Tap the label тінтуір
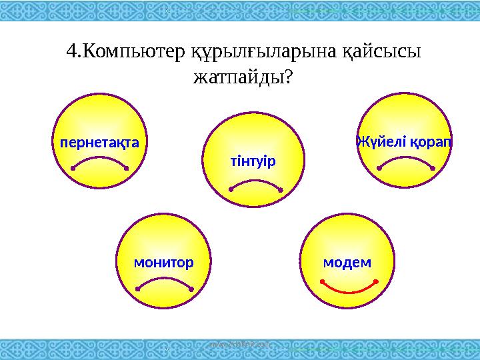click(x=253, y=162)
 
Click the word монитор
click(x=163, y=262)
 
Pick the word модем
click(x=347, y=262)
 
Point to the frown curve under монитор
click(x=164, y=281)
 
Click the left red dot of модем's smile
click(x=321, y=282)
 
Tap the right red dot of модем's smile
click(x=377, y=282)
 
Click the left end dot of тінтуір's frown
click(x=231, y=189)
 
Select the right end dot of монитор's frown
click(x=191, y=289)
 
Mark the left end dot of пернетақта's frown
click(x=72, y=169)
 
